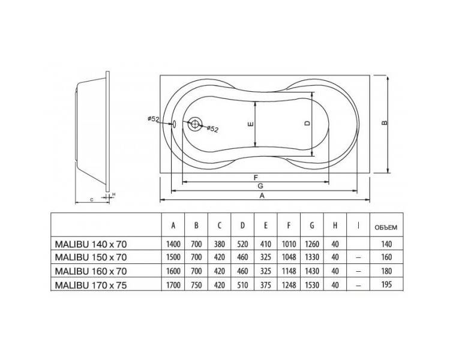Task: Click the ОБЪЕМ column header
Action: (386, 227)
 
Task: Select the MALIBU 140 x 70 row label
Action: (91, 244)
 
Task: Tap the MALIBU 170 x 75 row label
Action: (91, 286)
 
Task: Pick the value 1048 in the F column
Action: (289, 257)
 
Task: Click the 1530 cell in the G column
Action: (312, 285)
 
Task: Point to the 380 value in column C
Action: (219, 244)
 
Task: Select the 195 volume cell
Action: (386, 285)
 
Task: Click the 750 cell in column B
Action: (196, 285)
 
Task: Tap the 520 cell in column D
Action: (242, 244)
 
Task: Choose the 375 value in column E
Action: (265, 285)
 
